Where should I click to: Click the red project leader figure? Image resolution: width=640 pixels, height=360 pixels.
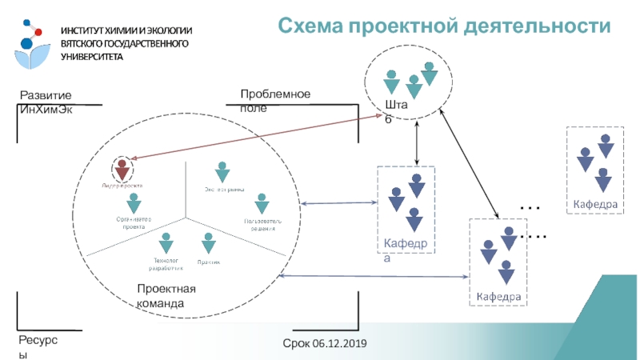pyautogui.click(x=122, y=169)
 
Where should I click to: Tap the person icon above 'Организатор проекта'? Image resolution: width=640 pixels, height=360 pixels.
pyautogui.click(x=134, y=203)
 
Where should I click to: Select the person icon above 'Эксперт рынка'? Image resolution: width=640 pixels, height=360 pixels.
pyautogui.click(x=222, y=173)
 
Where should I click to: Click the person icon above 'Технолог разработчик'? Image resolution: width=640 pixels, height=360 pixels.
pyautogui.click(x=166, y=242)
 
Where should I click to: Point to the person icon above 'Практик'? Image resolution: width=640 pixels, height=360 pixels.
pyautogui.click(x=208, y=242)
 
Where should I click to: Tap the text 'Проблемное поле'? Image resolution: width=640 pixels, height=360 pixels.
pyautogui.click(x=274, y=101)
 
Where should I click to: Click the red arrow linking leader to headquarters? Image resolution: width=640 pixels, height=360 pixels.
pyautogui.click(x=256, y=138)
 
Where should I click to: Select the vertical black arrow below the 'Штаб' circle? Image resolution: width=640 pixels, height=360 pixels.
pyautogui.click(x=417, y=145)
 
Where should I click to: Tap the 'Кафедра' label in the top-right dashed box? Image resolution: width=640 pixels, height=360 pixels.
pyautogui.click(x=594, y=205)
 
